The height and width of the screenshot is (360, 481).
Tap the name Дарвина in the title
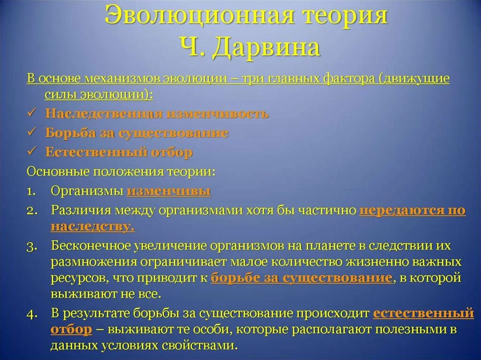click(x=266, y=47)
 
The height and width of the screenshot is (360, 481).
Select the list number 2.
click(x=31, y=211)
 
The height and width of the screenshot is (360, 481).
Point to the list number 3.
click(x=31, y=247)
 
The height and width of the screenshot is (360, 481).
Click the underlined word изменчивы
click(x=169, y=191)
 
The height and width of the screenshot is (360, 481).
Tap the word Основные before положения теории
click(x=59, y=171)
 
